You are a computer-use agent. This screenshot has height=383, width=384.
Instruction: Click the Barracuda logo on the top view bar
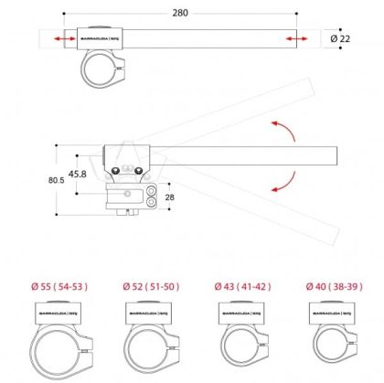tap(101, 39)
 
